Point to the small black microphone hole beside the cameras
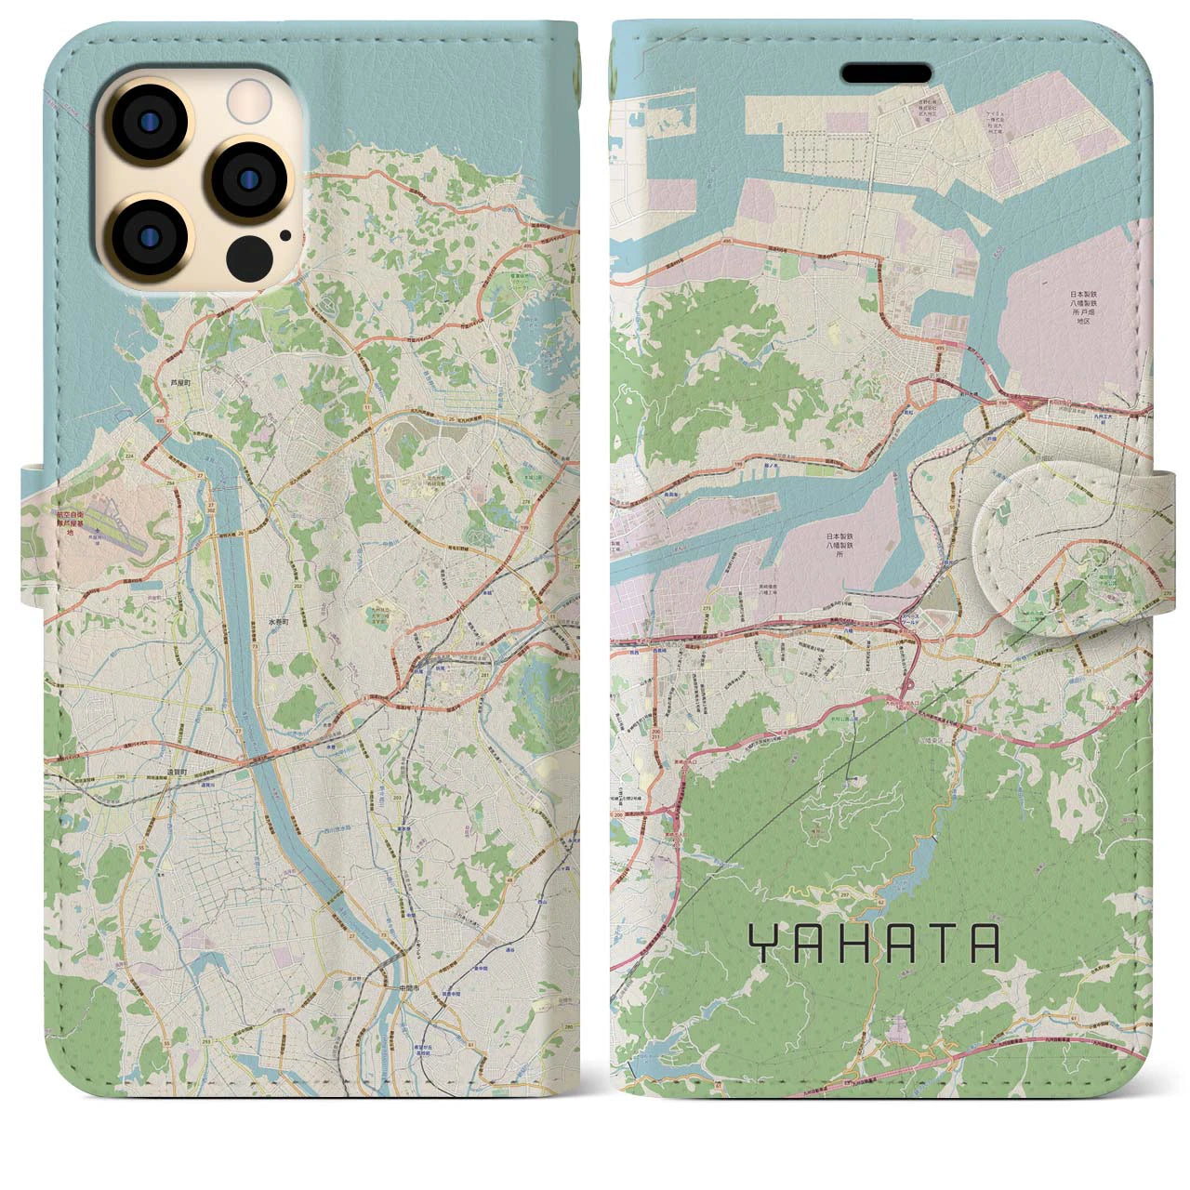point(285,234)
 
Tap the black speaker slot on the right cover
point(887,73)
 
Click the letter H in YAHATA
point(852,943)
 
